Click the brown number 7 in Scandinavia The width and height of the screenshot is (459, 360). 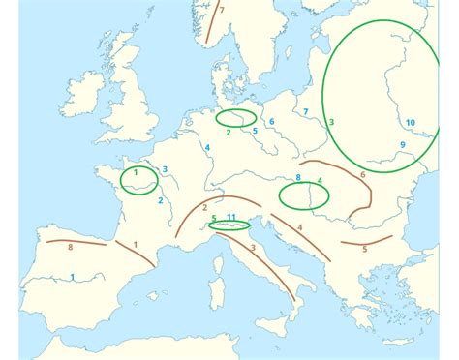pyautogui.click(x=222, y=11)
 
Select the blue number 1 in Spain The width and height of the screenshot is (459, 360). pyautogui.click(x=72, y=278)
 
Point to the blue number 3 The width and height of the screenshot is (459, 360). pyautogui.click(x=166, y=169)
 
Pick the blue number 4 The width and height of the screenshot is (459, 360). pyautogui.click(x=208, y=147)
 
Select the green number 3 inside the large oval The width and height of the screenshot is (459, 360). pyautogui.click(x=331, y=122)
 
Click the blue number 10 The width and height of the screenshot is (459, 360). pyautogui.click(x=411, y=122)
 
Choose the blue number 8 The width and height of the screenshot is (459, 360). pyautogui.click(x=299, y=177)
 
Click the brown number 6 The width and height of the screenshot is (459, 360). pyautogui.click(x=362, y=175)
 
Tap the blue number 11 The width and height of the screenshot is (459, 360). pyautogui.click(x=231, y=217)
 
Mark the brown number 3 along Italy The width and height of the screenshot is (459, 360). pyautogui.click(x=254, y=249)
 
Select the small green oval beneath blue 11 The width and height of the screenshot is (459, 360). pyautogui.click(x=230, y=225)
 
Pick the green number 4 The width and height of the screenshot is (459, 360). pyautogui.click(x=320, y=181)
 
